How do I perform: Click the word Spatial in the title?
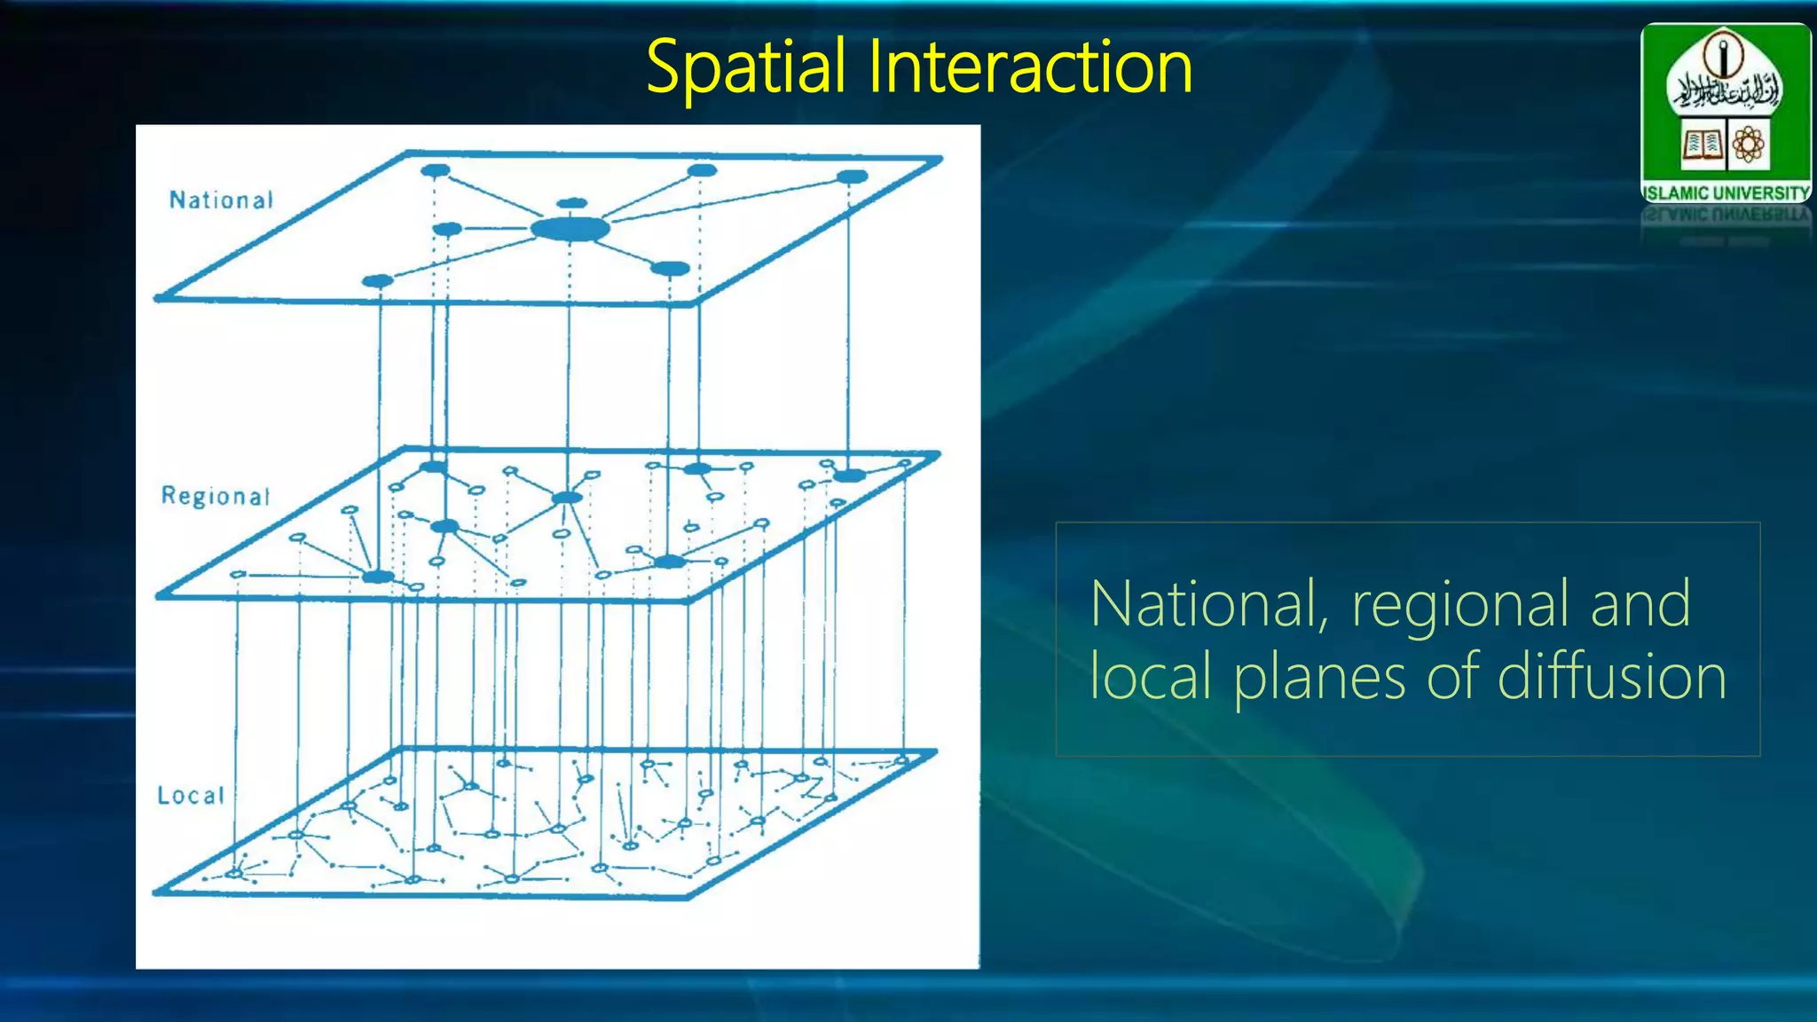pos(745,67)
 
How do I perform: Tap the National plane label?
pos(221,200)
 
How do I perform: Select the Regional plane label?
pos(215,496)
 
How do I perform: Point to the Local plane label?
pos(191,796)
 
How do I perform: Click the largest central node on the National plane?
pos(570,230)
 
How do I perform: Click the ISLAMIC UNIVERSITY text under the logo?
pos(1726,193)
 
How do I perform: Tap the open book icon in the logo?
pos(1701,143)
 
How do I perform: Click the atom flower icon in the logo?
pos(1748,143)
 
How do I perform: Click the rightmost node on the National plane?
pos(853,177)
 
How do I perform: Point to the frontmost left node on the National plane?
pos(378,281)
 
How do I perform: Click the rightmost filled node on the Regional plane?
pos(849,476)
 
